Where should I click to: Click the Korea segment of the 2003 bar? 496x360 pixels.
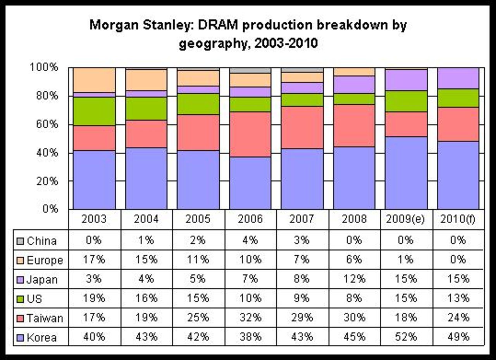coord(94,180)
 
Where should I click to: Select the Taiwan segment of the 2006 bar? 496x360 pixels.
coord(250,134)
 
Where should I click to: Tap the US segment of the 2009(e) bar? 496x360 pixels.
coord(406,101)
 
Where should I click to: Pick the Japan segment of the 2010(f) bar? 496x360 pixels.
coord(458,78)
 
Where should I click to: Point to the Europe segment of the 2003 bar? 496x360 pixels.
coord(94,80)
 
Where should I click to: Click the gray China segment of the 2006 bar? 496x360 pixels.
coord(250,71)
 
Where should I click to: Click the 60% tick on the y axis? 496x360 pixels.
coord(47,124)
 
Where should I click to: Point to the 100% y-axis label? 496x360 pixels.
coord(44,67)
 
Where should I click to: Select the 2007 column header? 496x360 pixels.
coord(302,219)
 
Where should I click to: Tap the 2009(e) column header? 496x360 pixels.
coord(405,219)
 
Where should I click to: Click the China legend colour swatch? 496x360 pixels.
coord(20,241)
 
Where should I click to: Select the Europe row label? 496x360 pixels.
coord(45,260)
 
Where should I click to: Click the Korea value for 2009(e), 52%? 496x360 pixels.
coord(406,337)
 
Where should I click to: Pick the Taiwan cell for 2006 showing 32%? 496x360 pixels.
coord(250,318)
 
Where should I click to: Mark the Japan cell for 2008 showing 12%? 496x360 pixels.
coord(354,279)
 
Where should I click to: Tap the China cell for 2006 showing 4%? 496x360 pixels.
coord(250,240)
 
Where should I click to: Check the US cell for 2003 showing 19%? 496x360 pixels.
coord(94,298)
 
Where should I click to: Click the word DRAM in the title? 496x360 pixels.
coord(218,25)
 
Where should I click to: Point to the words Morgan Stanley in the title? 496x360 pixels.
coord(141,26)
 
